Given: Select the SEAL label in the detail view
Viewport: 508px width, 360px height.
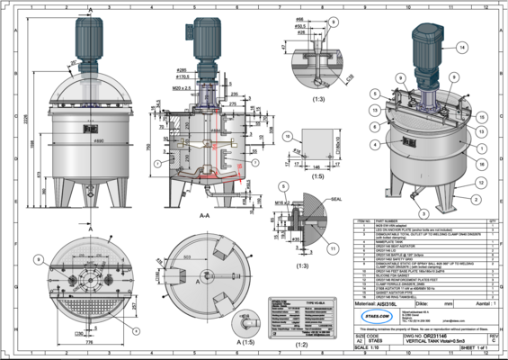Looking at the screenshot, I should coord(337,199).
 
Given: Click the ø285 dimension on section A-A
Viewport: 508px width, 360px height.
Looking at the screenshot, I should coord(183,68).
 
